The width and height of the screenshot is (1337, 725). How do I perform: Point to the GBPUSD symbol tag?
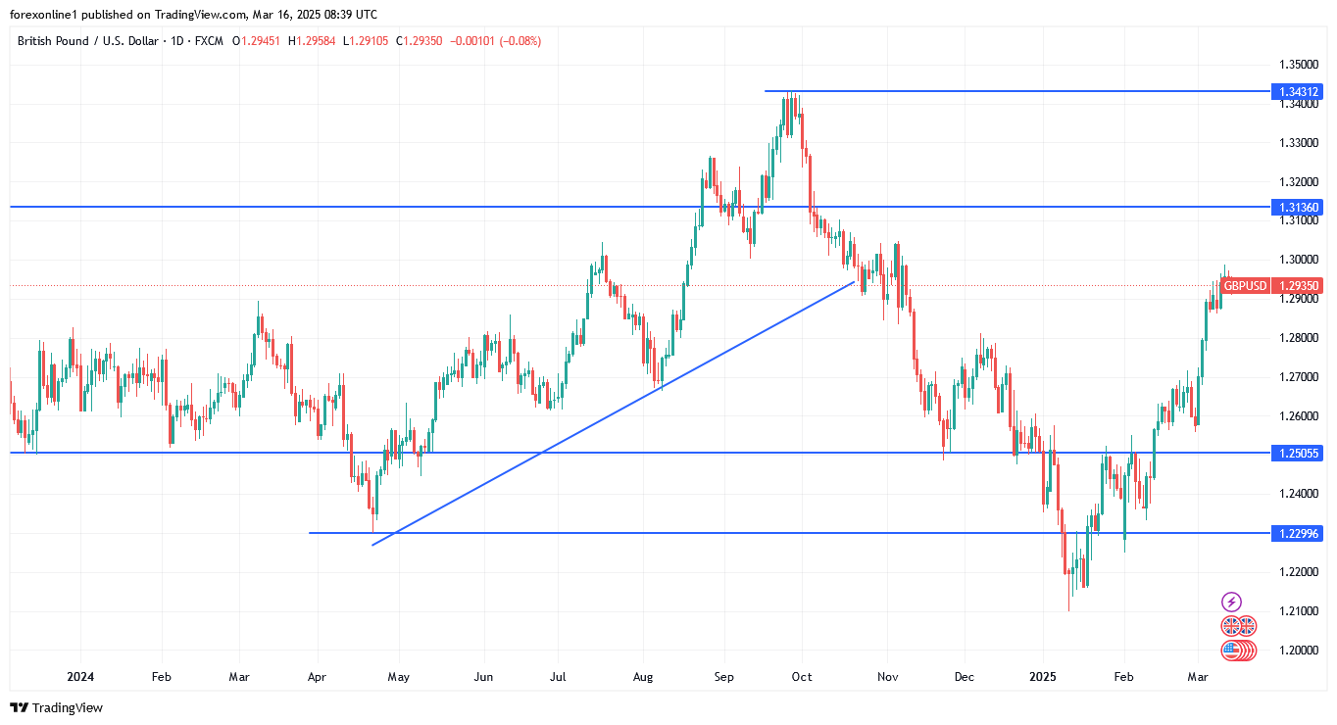1246,286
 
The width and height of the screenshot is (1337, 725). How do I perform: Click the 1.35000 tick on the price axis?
1299,65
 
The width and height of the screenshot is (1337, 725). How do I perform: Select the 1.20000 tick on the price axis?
1299,651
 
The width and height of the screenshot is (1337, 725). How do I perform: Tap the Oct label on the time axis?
802,677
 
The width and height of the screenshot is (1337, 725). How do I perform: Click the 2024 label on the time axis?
80,677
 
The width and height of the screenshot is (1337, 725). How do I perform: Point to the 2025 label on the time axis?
1042,677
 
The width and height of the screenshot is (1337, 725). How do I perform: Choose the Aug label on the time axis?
642,677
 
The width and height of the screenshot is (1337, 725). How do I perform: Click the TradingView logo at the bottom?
56,707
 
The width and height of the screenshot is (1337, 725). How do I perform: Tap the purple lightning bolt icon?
1232,602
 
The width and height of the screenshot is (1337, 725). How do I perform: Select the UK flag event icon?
1238,626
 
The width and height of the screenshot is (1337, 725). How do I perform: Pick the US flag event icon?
1238,650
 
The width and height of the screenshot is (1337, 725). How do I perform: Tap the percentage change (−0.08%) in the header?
520,41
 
